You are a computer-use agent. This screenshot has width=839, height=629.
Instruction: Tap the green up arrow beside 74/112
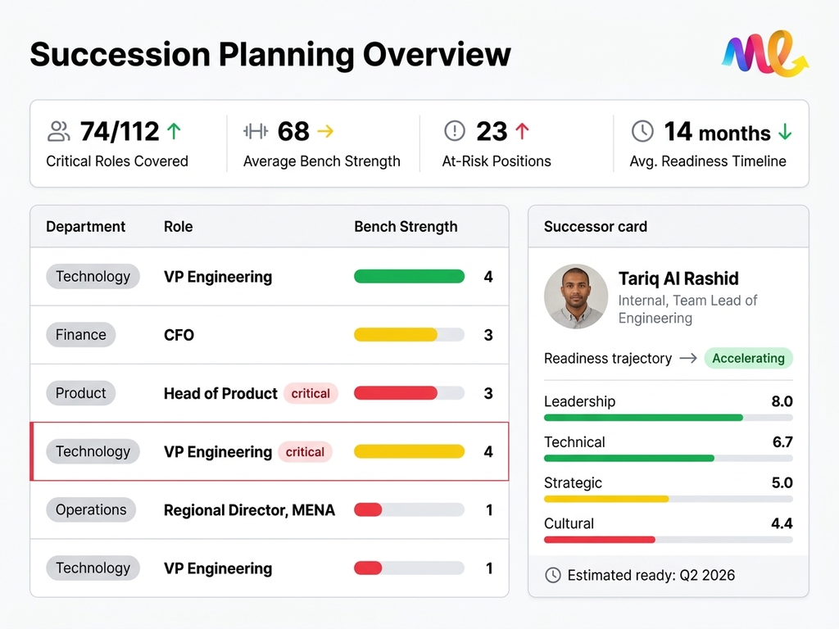click(174, 131)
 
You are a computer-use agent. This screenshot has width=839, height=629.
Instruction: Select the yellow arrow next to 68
click(325, 131)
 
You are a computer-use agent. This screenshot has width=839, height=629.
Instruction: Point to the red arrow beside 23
click(522, 131)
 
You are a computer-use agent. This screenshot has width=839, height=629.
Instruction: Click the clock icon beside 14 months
click(642, 131)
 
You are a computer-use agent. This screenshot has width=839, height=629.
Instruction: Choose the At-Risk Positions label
click(497, 161)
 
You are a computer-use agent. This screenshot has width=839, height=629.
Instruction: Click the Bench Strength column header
click(406, 227)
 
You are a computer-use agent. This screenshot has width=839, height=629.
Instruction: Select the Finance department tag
click(81, 335)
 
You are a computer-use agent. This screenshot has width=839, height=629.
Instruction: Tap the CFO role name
click(179, 335)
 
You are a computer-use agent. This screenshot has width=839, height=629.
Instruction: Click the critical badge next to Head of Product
click(311, 393)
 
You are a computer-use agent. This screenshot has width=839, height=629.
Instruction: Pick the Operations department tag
click(91, 509)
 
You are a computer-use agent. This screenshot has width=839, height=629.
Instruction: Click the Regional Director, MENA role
click(249, 510)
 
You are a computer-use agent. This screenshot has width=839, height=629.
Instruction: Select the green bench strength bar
click(409, 277)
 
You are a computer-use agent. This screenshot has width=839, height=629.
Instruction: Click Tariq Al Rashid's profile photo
click(576, 296)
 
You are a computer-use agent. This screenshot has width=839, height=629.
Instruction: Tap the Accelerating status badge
click(748, 358)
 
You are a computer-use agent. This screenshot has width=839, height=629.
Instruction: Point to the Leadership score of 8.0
click(782, 401)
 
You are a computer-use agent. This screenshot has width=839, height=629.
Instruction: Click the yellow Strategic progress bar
click(606, 499)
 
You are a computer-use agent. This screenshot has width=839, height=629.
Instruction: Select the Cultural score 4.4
click(782, 523)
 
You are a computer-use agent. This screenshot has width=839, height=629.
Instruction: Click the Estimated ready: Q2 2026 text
click(651, 575)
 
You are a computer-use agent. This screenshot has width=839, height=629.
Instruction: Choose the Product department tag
click(81, 393)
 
